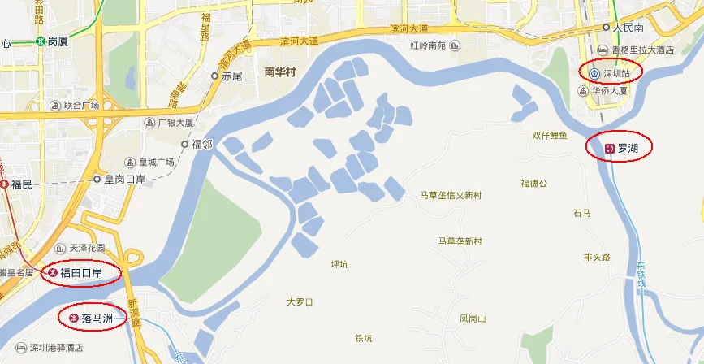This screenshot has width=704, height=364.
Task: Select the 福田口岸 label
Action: click(80, 273)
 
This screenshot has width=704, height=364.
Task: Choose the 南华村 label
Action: click(282, 71)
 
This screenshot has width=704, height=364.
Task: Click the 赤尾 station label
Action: click(231, 76)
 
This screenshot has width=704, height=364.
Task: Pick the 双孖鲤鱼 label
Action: click(550, 135)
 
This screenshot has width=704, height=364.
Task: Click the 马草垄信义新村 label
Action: click(451, 195)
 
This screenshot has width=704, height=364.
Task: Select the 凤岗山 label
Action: click(472, 318)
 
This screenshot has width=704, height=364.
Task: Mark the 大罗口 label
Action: click(300, 302)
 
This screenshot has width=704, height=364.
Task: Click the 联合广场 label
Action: click(80, 106)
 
